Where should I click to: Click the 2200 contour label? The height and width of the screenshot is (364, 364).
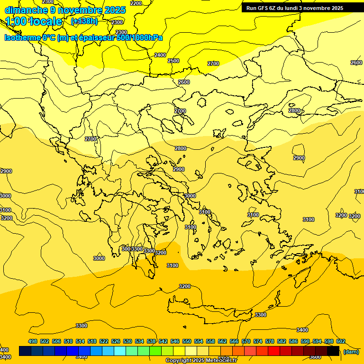(136, 3)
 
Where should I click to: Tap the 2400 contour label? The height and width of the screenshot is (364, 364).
(160, 55)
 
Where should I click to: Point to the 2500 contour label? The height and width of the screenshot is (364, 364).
(173, 61)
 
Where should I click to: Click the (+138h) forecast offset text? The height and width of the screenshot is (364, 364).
(84, 21)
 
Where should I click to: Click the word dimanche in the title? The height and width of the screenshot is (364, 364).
(26, 9)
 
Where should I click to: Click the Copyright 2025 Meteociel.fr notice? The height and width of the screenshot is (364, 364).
(201, 360)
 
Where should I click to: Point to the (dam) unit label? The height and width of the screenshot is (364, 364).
(351, 351)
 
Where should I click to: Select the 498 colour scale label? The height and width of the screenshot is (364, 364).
(33, 341)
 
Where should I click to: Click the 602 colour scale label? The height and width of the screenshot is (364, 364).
(341, 341)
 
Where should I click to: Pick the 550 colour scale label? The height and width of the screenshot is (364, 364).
(187, 341)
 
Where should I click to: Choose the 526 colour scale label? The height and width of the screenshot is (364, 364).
(116, 341)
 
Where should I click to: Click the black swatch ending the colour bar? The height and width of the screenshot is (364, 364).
(333, 351)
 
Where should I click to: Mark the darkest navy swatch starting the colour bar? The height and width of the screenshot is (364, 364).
(25, 351)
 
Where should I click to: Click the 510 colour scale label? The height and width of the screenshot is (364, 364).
(68, 341)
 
